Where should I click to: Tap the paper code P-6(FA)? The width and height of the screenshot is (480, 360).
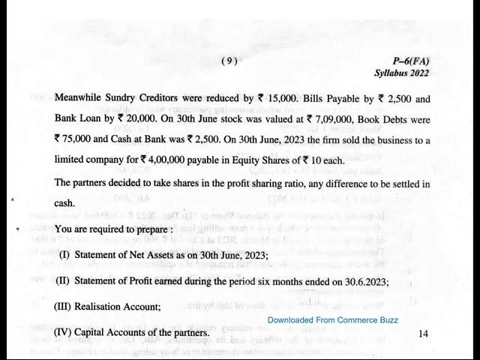click(411, 61)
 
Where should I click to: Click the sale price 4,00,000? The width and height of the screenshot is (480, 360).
click(175, 160)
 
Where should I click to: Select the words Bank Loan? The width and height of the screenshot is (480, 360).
click(81, 118)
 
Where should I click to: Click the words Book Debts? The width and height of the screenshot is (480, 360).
click(381, 118)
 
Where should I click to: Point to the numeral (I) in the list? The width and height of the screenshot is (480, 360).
click(64, 255)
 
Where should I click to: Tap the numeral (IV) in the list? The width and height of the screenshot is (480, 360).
click(66, 331)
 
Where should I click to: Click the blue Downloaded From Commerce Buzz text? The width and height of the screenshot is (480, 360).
click(333, 319)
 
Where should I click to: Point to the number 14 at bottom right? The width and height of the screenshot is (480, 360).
click(424, 334)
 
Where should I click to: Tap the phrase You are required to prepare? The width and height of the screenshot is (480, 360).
click(109, 229)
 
